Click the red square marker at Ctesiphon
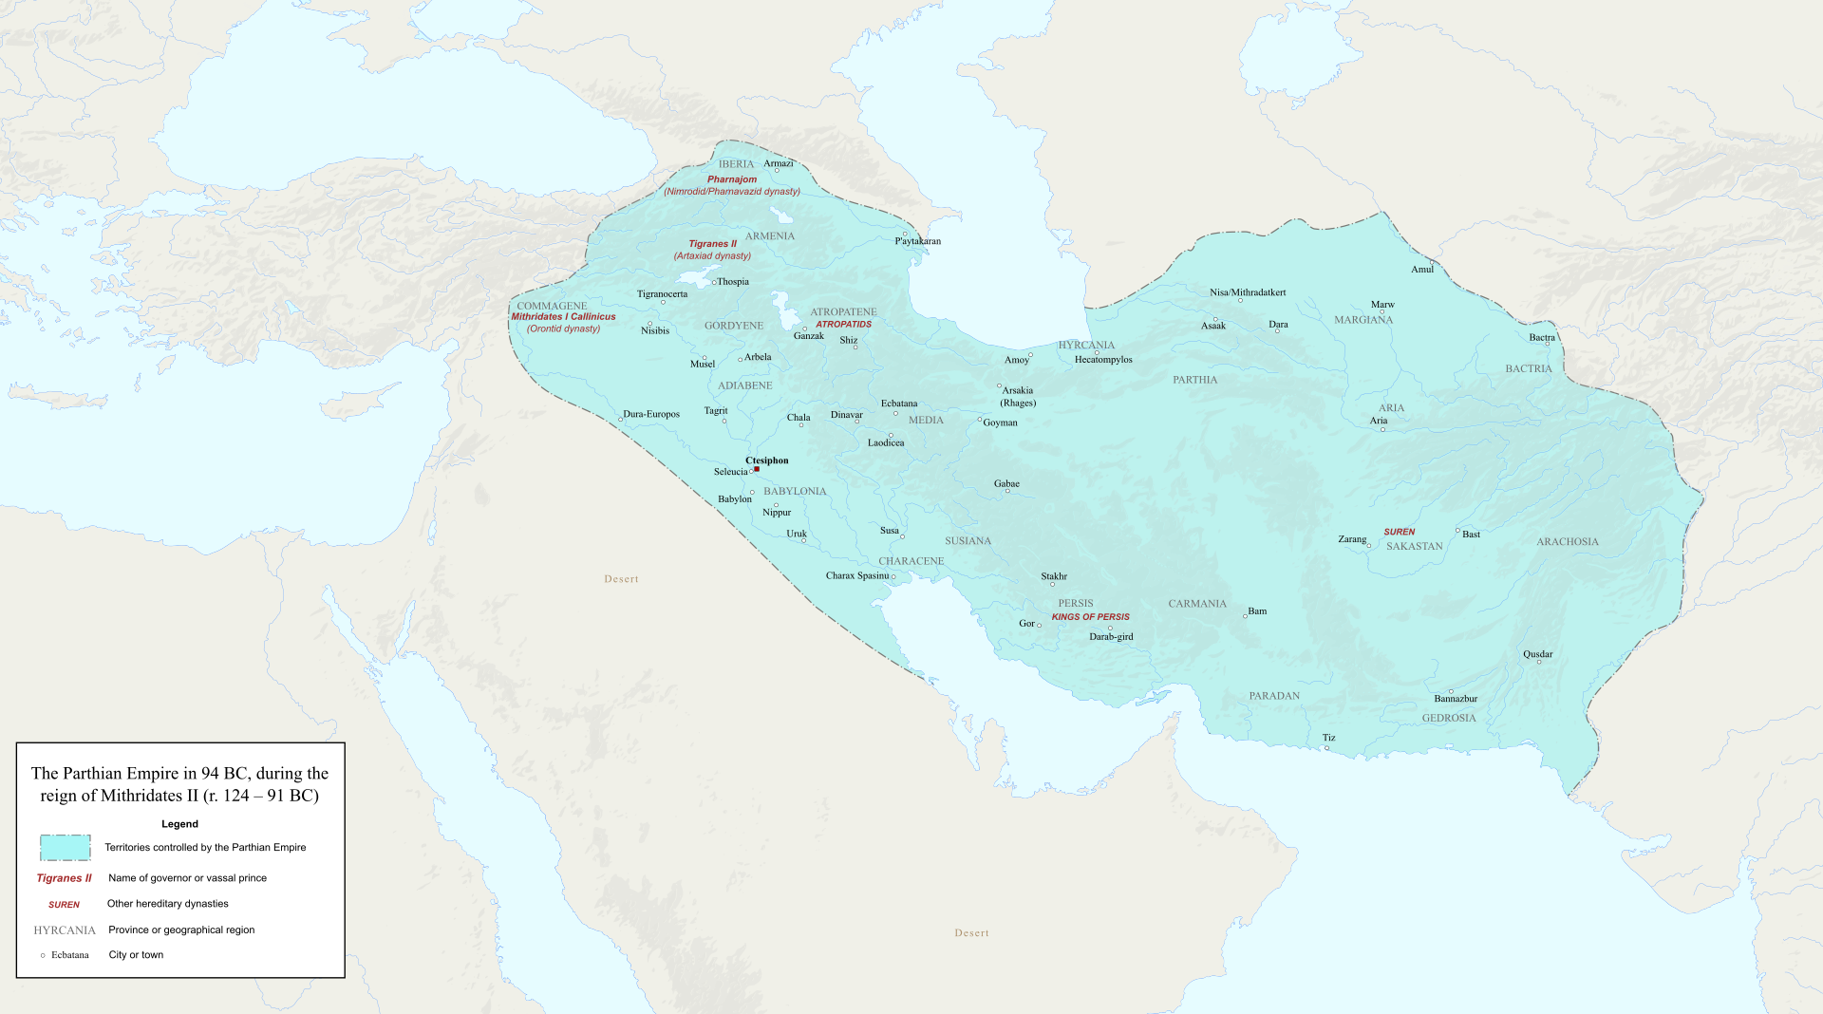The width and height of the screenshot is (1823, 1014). tap(757, 469)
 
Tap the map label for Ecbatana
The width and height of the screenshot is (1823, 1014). tap(898, 404)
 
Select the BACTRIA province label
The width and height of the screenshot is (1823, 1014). tap(1528, 369)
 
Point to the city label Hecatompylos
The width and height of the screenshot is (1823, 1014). tap(1102, 360)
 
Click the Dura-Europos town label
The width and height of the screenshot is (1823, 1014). tap(650, 415)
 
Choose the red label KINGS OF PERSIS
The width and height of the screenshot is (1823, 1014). tap(1090, 617)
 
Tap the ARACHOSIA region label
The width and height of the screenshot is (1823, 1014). tap(1567, 542)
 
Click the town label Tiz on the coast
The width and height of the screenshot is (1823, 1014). tap(1328, 738)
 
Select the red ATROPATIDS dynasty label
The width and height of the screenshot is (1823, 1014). tap(843, 325)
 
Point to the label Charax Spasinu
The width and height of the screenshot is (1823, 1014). tap(856, 576)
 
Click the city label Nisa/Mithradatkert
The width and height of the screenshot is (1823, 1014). tap(1247, 292)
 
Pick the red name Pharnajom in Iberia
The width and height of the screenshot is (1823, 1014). tap(731, 179)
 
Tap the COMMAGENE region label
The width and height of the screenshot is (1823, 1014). tap(552, 307)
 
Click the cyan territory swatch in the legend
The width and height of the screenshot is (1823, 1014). tap(65, 848)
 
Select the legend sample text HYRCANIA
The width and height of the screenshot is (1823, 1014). tap(65, 930)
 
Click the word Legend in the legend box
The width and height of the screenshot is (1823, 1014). tap(179, 824)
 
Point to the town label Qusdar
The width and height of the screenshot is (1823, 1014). tap(1537, 654)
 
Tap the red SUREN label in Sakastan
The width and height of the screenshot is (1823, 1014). tap(1399, 533)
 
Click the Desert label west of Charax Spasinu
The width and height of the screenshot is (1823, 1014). tap(621, 579)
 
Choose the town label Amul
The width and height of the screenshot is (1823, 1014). tap(1421, 270)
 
